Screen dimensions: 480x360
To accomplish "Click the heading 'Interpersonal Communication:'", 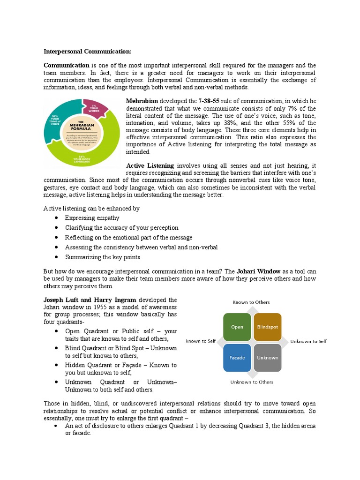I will tap(88, 51).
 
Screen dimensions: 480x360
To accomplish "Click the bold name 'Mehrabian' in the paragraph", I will tap(142, 101).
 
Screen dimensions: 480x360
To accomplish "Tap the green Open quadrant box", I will tap(237, 327).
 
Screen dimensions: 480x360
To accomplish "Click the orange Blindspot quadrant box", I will tap(267, 327).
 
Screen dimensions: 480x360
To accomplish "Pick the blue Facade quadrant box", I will tap(237, 358).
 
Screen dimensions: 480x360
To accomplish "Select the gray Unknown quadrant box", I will tap(267, 358).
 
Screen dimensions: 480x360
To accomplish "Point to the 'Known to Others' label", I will tap(252, 302).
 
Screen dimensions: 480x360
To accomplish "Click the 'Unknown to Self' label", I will tap(308, 342).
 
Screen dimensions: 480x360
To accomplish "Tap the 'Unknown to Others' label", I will tap(252, 382).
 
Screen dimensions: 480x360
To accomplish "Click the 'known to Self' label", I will tap(201, 341).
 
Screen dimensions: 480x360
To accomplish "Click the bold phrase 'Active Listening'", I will tap(150, 165).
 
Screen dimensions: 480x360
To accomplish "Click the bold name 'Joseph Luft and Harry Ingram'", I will tap(90, 300).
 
